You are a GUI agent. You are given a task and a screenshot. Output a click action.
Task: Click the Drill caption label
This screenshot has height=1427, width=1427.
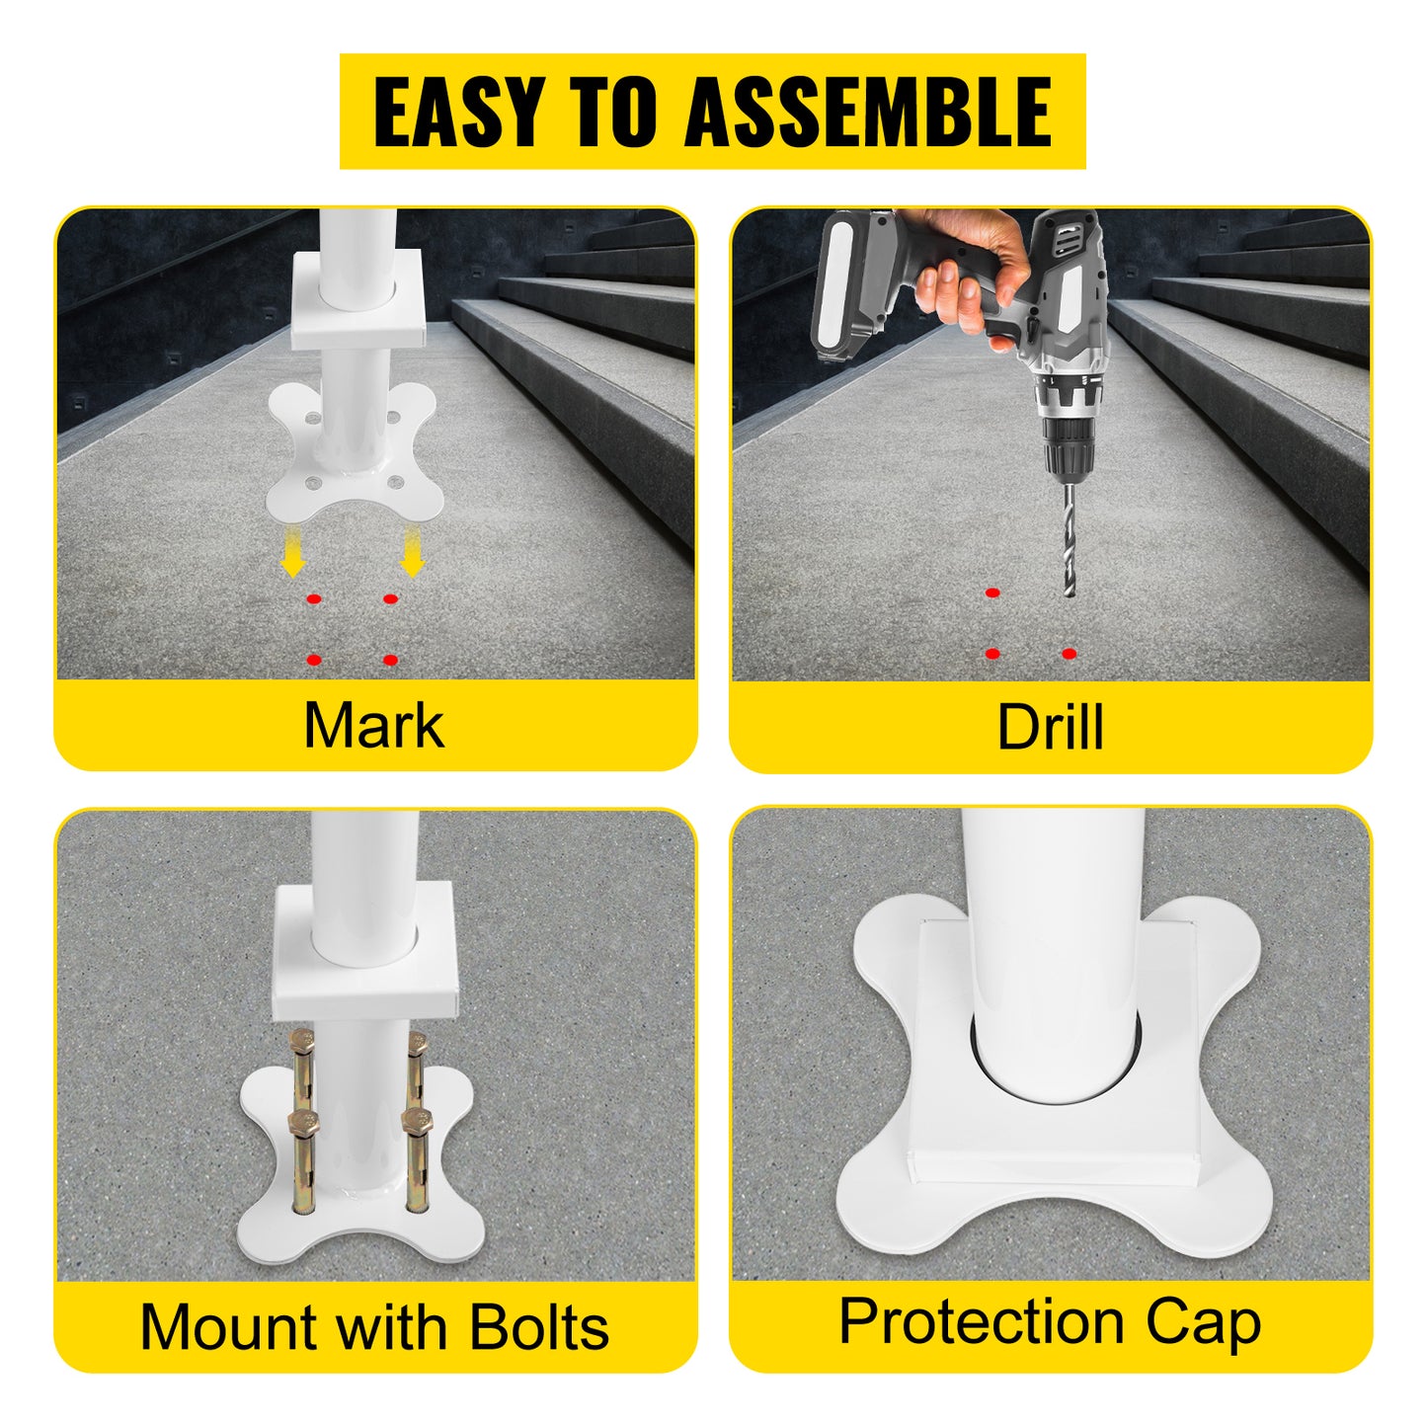pyautogui.click(x=1050, y=728)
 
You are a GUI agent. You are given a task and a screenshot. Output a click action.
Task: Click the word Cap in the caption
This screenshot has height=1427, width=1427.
pyautogui.click(x=1204, y=1323)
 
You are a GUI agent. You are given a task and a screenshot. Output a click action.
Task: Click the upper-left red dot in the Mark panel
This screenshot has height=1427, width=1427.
pyautogui.click(x=314, y=599)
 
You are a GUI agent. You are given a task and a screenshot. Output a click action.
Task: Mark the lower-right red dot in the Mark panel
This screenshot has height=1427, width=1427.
pyautogui.click(x=390, y=660)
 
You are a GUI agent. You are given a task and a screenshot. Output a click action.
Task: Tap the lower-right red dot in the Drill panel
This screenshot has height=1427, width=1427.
pyautogui.click(x=1069, y=654)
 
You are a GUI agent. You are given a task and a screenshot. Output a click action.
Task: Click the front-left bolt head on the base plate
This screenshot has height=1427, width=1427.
pyautogui.click(x=300, y=1124)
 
